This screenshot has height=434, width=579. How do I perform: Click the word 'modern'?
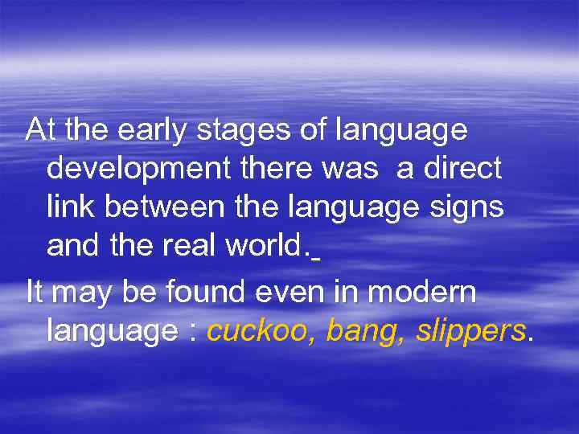point(435,293)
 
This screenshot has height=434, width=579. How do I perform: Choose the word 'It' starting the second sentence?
point(34,293)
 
